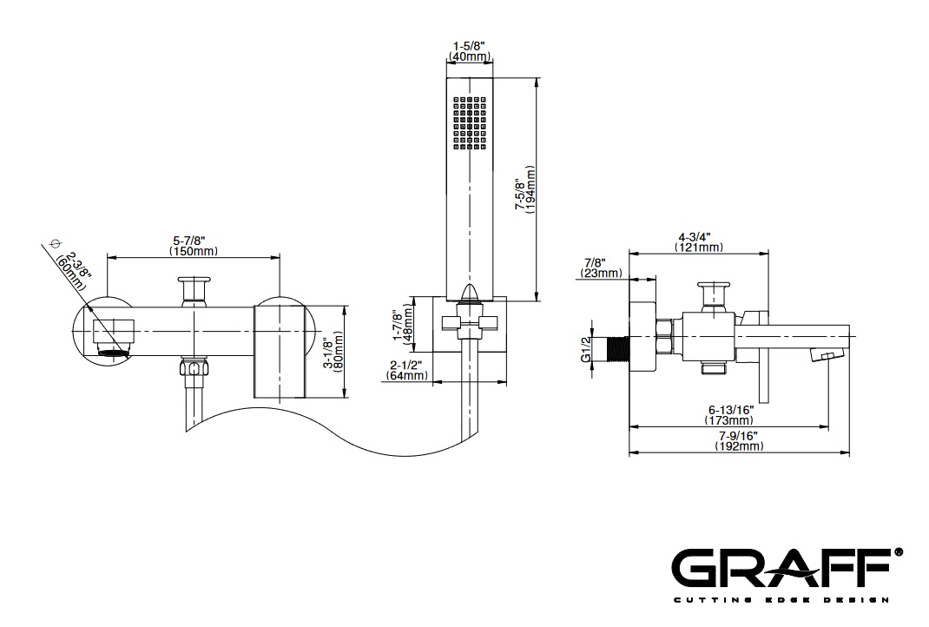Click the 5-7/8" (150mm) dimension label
[x=193, y=246]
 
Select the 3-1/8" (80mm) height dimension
[x=335, y=352]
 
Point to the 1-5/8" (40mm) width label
[x=469, y=51]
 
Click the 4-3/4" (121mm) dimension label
[x=699, y=242]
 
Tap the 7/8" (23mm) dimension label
[x=601, y=268]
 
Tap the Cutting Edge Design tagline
[x=781, y=601]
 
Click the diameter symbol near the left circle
[x=56, y=244]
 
